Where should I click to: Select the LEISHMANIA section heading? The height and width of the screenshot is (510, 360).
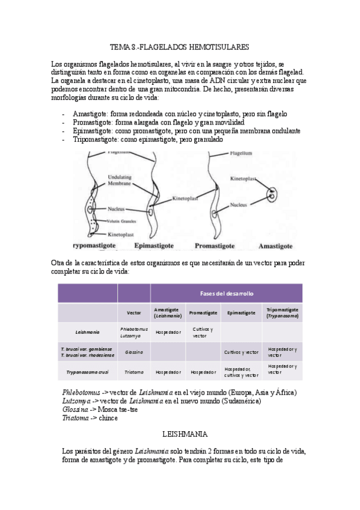(180, 432)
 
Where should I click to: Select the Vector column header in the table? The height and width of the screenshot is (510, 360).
(133, 313)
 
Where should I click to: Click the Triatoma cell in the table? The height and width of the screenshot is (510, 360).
(133, 372)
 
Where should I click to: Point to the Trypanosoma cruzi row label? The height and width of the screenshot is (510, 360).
(88, 372)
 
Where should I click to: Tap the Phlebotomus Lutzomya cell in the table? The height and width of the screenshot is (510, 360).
(133, 332)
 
